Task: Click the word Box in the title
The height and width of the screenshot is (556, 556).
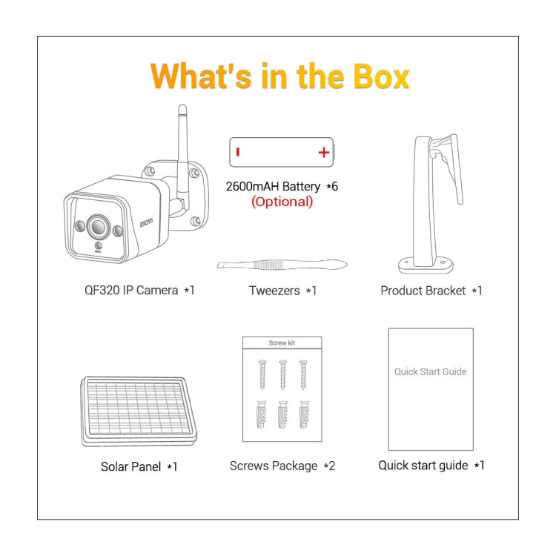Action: pyautogui.click(x=381, y=76)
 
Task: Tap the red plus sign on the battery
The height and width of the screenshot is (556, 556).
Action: pyautogui.click(x=324, y=153)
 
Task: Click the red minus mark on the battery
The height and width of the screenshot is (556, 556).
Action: pyautogui.click(x=238, y=152)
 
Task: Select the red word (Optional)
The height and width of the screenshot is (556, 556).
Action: pyautogui.click(x=282, y=202)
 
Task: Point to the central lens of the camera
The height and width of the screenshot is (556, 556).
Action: pyautogui.click(x=98, y=226)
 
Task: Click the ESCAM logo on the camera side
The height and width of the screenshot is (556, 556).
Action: pyautogui.click(x=146, y=222)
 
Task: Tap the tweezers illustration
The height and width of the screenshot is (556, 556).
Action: pyautogui.click(x=282, y=265)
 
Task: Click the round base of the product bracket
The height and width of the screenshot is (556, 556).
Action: pyautogui.click(x=426, y=265)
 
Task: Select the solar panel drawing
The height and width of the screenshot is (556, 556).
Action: pyautogui.click(x=139, y=411)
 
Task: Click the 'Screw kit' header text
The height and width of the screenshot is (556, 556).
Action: pyautogui.click(x=282, y=343)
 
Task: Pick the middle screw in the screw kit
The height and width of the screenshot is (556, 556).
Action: pyautogui.click(x=282, y=374)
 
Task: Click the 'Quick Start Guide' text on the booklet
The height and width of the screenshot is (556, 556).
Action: pyautogui.click(x=431, y=371)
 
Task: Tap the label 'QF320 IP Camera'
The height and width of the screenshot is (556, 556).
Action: pyautogui.click(x=131, y=291)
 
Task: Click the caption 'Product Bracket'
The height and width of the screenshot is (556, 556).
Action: pyautogui.click(x=423, y=291)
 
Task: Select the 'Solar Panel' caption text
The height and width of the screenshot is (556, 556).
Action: pyautogui.click(x=130, y=466)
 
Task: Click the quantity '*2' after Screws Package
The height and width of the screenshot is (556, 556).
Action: pyautogui.click(x=329, y=466)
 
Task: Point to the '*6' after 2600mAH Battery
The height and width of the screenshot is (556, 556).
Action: pyautogui.click(x=332, y=187)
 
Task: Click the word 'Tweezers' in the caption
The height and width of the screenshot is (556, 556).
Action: pyautogui.click(x=274, y=291)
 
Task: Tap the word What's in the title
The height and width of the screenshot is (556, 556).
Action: pyautogui.click(x=201, y=76)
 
